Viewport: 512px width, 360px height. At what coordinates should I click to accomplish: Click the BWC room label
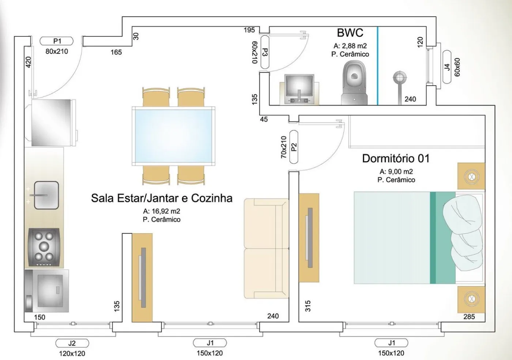coord(350,33)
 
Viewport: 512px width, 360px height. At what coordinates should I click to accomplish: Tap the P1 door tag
coord(56,41)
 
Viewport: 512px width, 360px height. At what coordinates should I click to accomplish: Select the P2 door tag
coord(294,147)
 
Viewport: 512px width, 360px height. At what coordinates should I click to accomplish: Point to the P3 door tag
coord(265,52)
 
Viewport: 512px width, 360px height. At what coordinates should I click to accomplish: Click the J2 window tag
coord(72,343)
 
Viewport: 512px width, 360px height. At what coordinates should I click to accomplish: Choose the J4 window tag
coord(447,67)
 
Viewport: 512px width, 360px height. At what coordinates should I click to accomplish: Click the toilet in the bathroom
coord(354,83)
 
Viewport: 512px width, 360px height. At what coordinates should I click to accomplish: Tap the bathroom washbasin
coord(299,89)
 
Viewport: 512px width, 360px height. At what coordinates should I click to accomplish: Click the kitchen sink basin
coord(46,195)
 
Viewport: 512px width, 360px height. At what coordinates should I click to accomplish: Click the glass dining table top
coord(173,136)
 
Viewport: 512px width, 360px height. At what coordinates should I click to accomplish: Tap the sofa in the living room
coord(267,249)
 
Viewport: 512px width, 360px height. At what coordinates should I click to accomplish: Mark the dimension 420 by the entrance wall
coord(28,62)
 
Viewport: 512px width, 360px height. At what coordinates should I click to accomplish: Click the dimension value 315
coord(308,306)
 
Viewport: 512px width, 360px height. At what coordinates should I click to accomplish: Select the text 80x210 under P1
coord(57,52)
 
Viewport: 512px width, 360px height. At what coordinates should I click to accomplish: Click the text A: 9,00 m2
coord(396,171)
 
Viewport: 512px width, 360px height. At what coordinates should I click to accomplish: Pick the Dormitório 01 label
coord(396,159)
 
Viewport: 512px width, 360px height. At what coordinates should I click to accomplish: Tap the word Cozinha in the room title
coord(212,198)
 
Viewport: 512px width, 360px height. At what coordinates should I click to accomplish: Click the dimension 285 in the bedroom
coord(469,317)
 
